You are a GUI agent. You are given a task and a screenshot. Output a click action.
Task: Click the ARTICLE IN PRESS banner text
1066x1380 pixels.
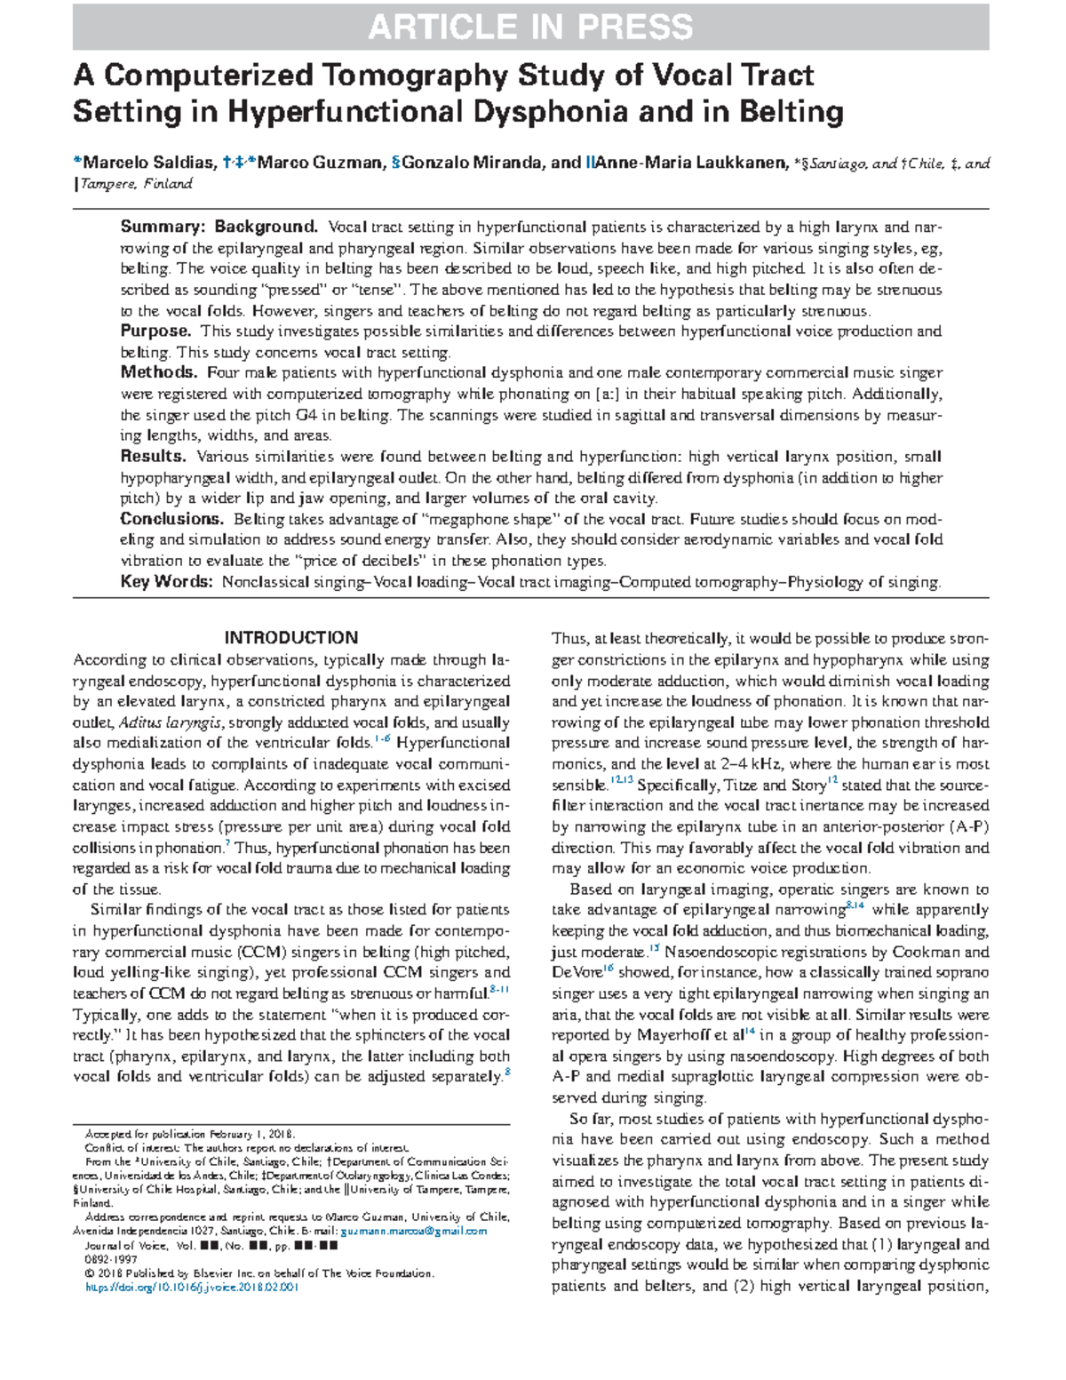coord(530,28)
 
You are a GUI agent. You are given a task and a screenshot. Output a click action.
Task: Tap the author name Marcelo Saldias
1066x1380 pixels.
coord(147,164)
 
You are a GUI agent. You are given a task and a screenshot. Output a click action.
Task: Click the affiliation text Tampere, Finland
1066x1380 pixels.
coord(136,184)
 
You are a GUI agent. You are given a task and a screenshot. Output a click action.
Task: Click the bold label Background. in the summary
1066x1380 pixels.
coord(266,227)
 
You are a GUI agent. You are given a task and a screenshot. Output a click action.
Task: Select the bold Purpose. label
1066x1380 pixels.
coord(155,331)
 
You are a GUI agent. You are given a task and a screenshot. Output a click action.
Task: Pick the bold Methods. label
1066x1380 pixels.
coord(158,372)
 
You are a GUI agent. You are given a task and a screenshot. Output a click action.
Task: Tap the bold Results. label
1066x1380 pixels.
coord(153,457)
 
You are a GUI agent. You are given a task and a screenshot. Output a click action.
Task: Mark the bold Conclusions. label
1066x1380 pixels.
coord(171,519)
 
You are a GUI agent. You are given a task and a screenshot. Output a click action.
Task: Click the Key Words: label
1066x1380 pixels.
coord(167,583)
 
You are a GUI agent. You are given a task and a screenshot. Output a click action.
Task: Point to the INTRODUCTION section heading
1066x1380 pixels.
coord(290,638)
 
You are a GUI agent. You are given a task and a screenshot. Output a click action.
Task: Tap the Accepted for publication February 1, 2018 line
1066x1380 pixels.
coord(188,1135)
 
